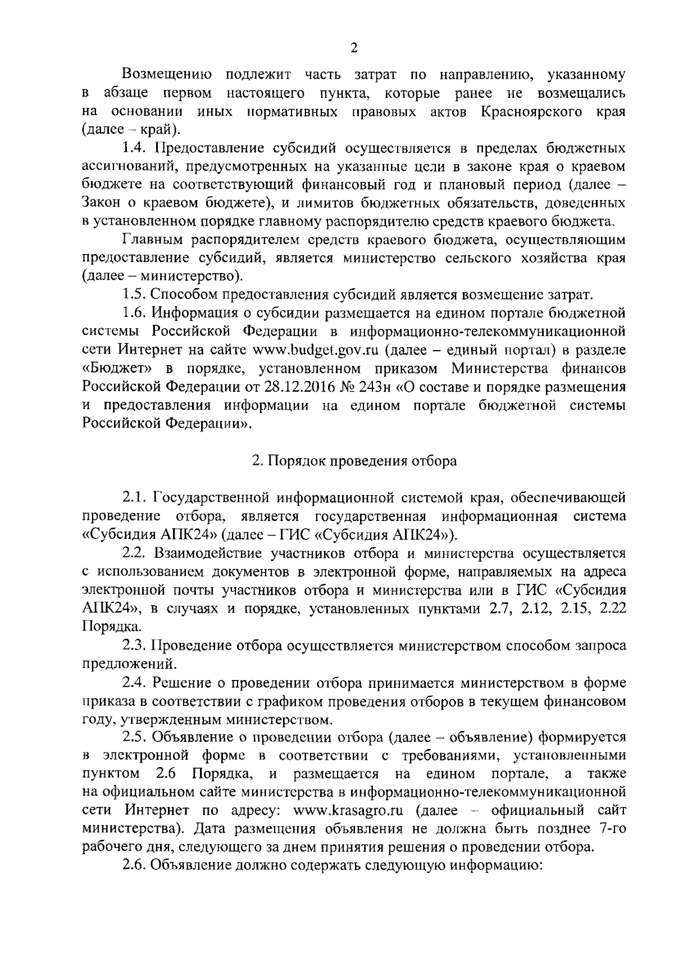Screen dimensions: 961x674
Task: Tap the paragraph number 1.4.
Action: [x=135, y=148]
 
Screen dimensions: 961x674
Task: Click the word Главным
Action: [x=147, y=240]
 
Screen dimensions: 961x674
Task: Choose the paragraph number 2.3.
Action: [x=135, y=645]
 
